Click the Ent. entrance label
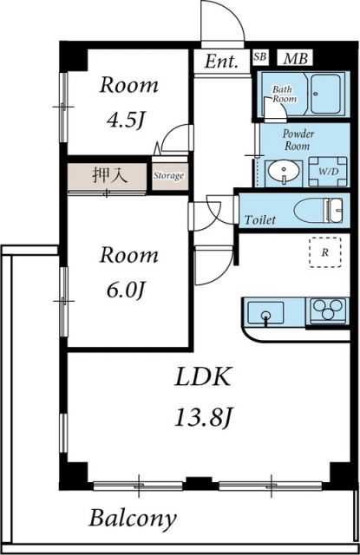[x=221, y=61]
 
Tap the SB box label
[x=260, y=57]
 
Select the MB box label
[x=296, y=58]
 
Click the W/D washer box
[x=329, y=171]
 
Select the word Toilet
[x=259, y=220]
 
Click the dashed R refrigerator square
[x=323, y=253]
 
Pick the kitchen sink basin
[x=267, y=311]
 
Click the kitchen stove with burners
[x=328, y=310]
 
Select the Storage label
[x=168, y=176]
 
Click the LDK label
[x=205, y=378]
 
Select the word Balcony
[x=133, y=520]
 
